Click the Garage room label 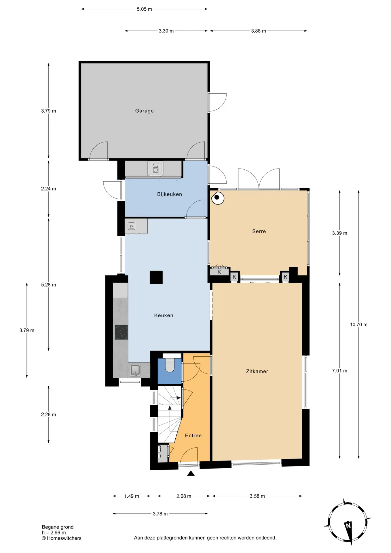[144, 111]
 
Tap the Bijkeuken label [170, 194]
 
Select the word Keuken [164, 315]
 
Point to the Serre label [259, 231]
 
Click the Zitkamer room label [257, 372]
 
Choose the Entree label [193, 435]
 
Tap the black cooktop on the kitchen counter [121, 332]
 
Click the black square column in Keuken [156, 277]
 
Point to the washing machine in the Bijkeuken [155, 168]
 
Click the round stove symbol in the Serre [218, 198]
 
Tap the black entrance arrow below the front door [191, 473]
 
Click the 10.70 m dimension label [359, 325]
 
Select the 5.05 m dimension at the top [144, 9]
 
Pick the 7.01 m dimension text [339, 371]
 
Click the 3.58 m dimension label [257, 496]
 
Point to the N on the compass [348, 525]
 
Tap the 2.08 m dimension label [184, 496]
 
